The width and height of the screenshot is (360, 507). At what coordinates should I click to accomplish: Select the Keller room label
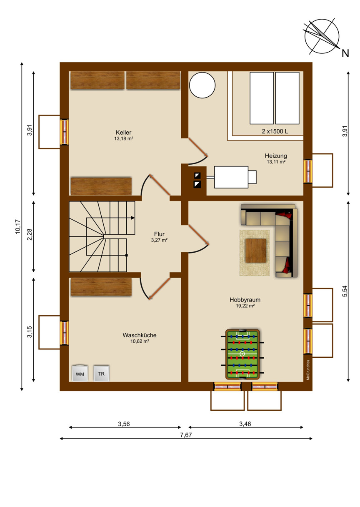pyautogui.click(x=123, y=133)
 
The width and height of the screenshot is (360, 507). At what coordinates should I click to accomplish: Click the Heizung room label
pyautogui.click(x=276, y=156)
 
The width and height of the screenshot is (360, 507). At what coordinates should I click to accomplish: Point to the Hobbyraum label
pyautogui.click(x=245, y=300)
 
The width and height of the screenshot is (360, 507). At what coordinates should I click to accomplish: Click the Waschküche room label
pyautogui.click(x=140, y=335)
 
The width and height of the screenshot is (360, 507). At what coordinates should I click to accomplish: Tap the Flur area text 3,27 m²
pyautogui.click(x=159, y=240)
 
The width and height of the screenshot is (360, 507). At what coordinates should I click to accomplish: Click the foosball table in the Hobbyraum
pyautogui.click(x=242, y=354)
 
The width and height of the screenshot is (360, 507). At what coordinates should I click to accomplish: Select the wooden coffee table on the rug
pyautogui.click(x=256, y=251)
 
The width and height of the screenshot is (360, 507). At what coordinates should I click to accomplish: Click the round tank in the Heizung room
pyautogui.click(x=202, y=85)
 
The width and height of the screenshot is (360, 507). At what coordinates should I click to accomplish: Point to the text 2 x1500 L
pyautogui.click(x=275, y=131)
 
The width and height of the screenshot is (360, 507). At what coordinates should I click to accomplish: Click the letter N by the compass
pyautogui.click(x=345, y=53)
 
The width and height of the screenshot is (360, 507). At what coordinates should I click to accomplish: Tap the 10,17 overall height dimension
pyautogui.click(x=18, y=227)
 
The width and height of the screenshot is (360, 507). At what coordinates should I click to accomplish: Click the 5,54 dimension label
pyautogui.click(x=345, y=291)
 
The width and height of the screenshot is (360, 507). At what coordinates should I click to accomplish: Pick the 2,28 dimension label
pyautogui.click(x=30, y=235)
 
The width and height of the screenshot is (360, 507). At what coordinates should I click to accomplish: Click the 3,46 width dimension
pyautogui.click(x=245, y=424)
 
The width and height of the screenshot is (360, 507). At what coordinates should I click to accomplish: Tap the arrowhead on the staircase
pyautogui.click(x=133, y=218)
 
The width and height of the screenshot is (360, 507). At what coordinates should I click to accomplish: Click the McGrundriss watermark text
pyautogui.click(x=308, y=370)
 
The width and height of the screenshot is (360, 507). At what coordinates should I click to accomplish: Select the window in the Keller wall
pyautogui.click(x=64, y=132)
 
